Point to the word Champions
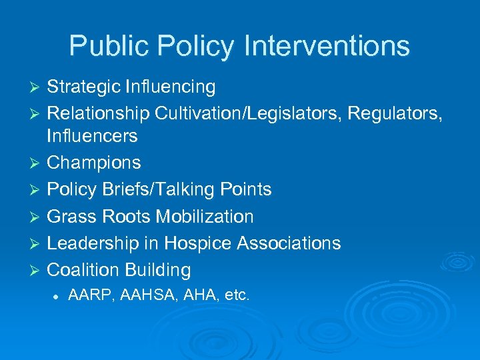tap(94, 163)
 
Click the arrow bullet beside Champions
tap(37, 163)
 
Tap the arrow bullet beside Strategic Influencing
tap(37, 88)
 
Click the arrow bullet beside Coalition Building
tap(37, 271)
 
